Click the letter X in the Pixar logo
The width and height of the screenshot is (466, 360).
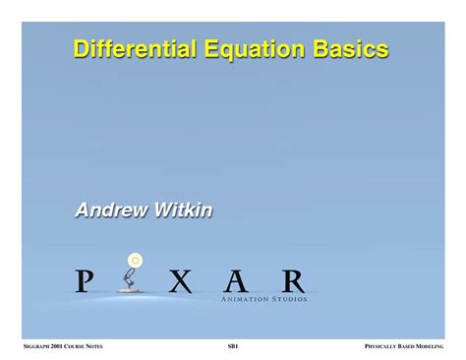[179, 281]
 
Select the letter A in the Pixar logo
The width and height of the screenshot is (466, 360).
[235, 281]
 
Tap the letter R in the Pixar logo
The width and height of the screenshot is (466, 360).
[292, 281]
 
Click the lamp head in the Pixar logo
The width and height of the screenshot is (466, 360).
[135, 261]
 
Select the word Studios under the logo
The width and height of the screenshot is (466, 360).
[288, 298]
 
